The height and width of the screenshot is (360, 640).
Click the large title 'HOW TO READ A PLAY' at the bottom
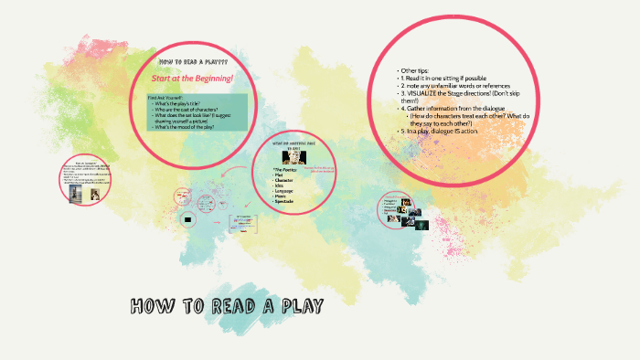[229, 303]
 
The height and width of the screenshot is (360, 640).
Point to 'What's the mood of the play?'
[188, 127]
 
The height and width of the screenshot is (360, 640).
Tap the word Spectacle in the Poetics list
[285, 200]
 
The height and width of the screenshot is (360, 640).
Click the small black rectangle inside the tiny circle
[187, 219]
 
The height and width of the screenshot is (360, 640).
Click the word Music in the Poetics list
[282, 196]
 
